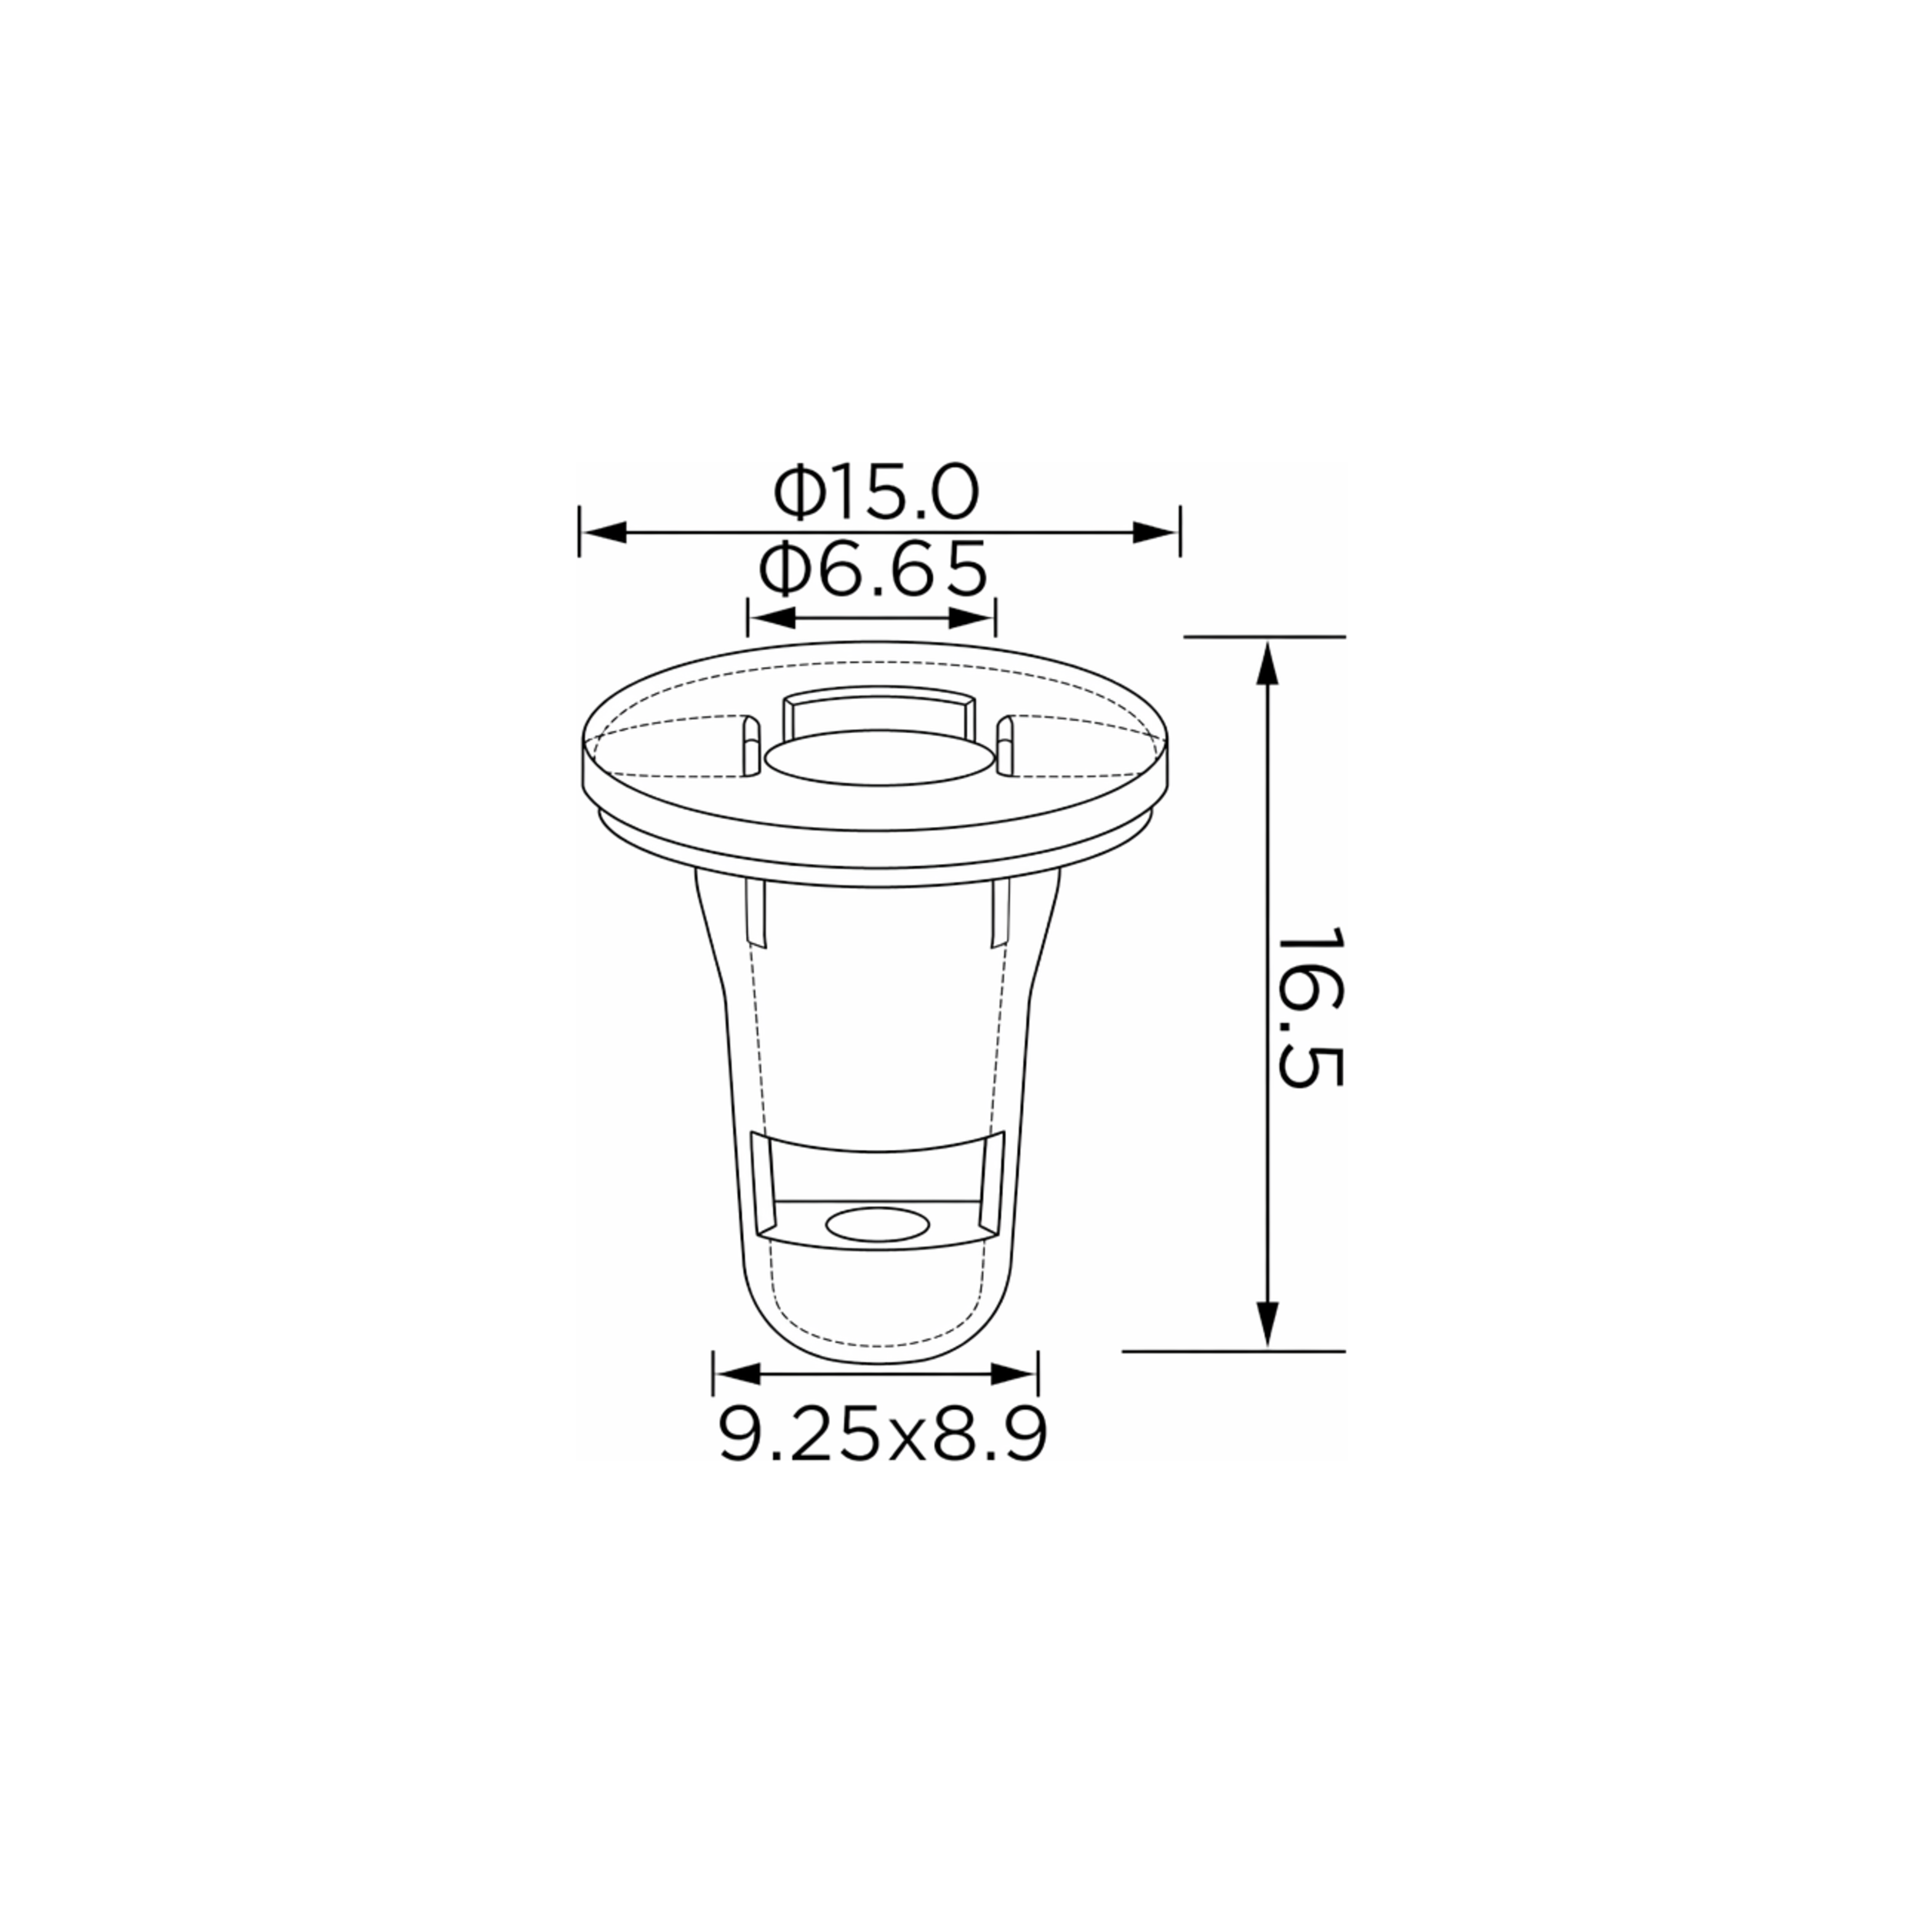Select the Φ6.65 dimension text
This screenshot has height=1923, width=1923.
873,569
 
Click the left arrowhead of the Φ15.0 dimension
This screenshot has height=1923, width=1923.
603,532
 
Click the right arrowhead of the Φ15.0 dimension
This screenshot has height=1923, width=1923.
1155,532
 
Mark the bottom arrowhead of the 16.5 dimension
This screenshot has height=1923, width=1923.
1266,1325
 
